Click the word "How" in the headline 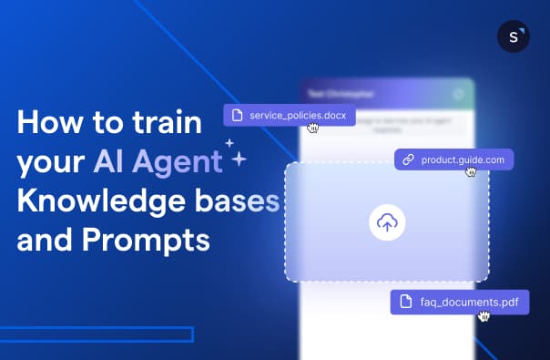[46, 123]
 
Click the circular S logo [514, 36]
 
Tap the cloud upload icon [387, 222]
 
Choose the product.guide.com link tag [454, 159]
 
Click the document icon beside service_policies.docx [238, 115]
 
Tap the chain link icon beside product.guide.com [409, 159]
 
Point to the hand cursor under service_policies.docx [312, 128]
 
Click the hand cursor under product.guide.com [471, 171]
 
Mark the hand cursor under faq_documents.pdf [484, 315]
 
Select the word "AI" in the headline [109, 162]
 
